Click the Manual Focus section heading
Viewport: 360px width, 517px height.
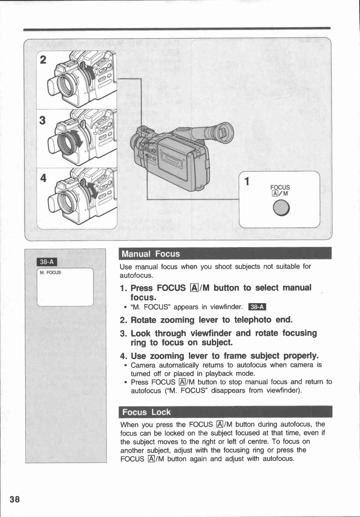(151, 254)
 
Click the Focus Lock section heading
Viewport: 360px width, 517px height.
(146, 412)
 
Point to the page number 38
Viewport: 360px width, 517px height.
(15, 499)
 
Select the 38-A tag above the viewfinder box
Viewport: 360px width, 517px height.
(47, 262)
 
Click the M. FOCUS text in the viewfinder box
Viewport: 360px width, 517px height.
(50, 273)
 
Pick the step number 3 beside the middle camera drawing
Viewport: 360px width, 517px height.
(42, 120)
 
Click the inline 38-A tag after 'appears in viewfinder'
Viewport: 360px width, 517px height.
(257, 307)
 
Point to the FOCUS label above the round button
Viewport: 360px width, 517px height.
(280, 187)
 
